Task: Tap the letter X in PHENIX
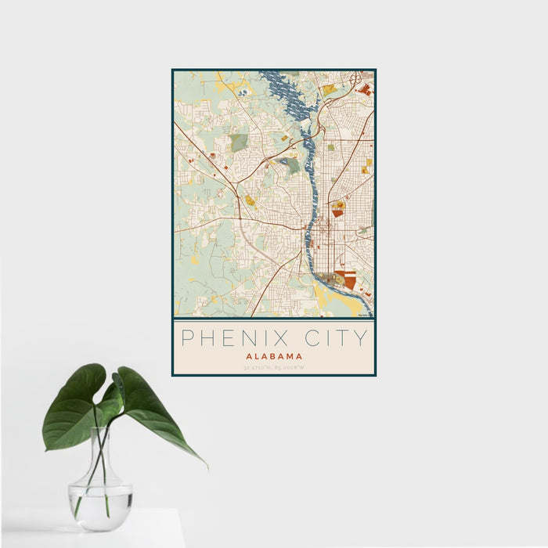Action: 284,338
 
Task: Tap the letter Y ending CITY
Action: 361,338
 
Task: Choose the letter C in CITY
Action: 310,338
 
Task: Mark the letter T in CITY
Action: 344,338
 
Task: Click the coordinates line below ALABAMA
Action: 274,367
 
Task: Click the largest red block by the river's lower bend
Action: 350,277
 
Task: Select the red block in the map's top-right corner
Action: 364,90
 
